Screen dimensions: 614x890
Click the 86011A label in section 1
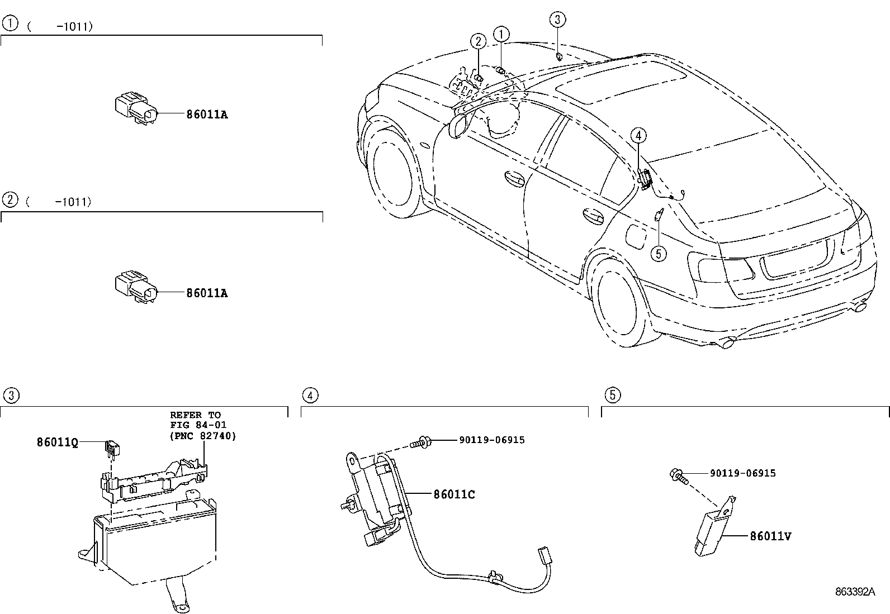tap(207, 115)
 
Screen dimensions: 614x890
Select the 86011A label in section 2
tap(207, 293)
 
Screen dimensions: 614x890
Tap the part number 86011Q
tap(57, 442)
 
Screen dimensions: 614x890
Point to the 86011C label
tap(454, 494)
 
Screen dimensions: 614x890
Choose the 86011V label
tap(770, 536)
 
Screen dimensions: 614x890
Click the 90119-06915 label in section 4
tap(492, 440)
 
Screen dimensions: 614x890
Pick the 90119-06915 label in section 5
tap(742, 473)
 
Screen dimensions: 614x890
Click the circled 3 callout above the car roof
tap(557, 20)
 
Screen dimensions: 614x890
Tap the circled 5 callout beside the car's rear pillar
tap(658, 254)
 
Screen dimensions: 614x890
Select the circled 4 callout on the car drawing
tap(638, 135)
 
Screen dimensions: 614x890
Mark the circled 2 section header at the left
tap(10, 199)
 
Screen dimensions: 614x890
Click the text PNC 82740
tap(202, 435)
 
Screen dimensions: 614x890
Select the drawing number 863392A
tap(855, 592)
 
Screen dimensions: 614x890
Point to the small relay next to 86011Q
tap(112, 447)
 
